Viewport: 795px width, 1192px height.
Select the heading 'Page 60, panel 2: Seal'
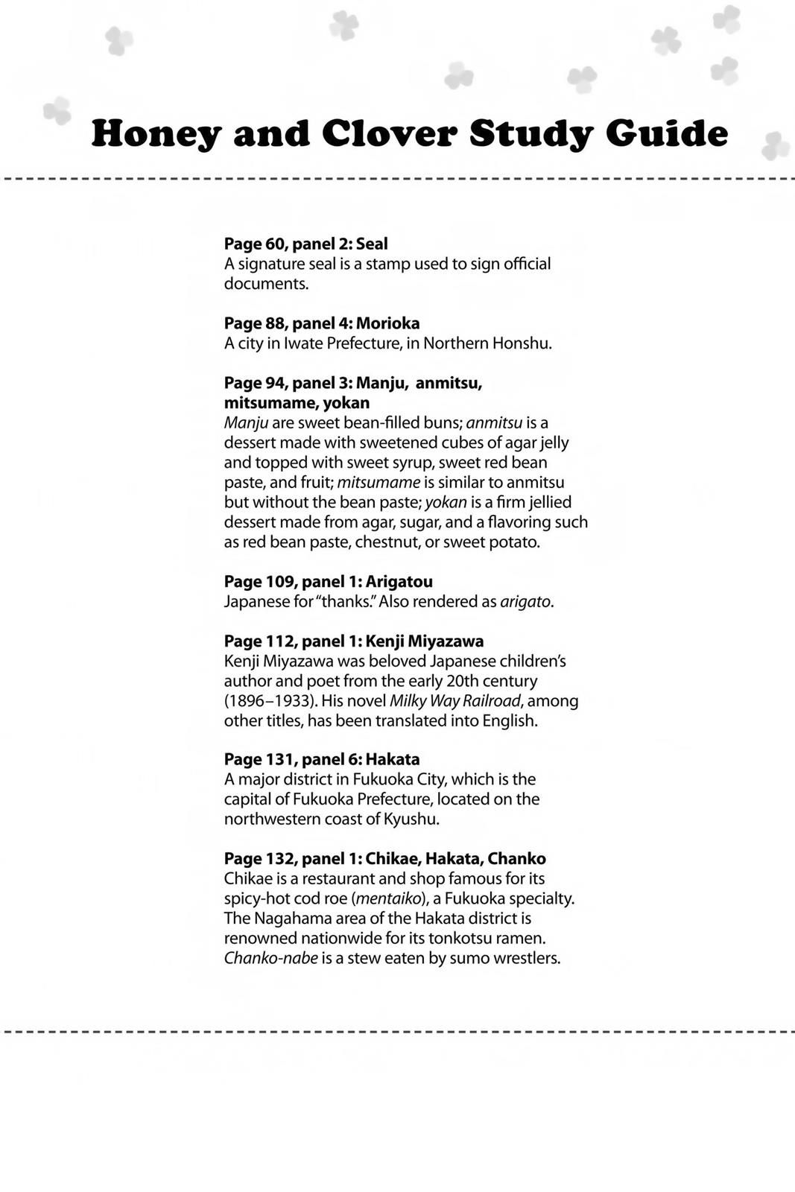click(305, 244)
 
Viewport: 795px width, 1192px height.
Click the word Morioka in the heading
click(387, 323)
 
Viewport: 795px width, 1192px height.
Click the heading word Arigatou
click(399, 582)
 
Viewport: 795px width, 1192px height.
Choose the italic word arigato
click(526, 602)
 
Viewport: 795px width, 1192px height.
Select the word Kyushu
click(411, 819)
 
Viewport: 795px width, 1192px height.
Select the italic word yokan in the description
click(446, 502)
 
